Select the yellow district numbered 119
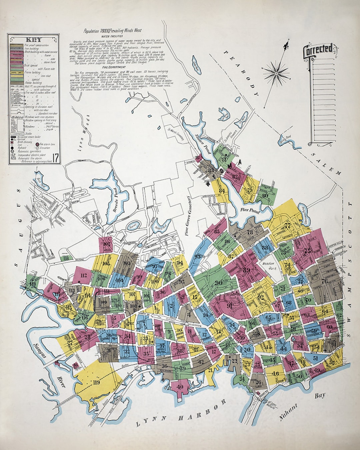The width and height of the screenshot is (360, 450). click(96, 382)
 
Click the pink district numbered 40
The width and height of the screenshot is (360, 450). click(180, 387)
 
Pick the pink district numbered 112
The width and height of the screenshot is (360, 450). click(83, 275)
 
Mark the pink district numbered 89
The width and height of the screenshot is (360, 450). click(247, 270)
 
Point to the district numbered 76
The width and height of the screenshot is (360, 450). click(324, 281)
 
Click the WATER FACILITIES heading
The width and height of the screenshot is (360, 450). click(112, 36)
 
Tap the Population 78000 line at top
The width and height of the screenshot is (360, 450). click(112, 31)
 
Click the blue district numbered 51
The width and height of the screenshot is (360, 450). click(315, 358)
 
